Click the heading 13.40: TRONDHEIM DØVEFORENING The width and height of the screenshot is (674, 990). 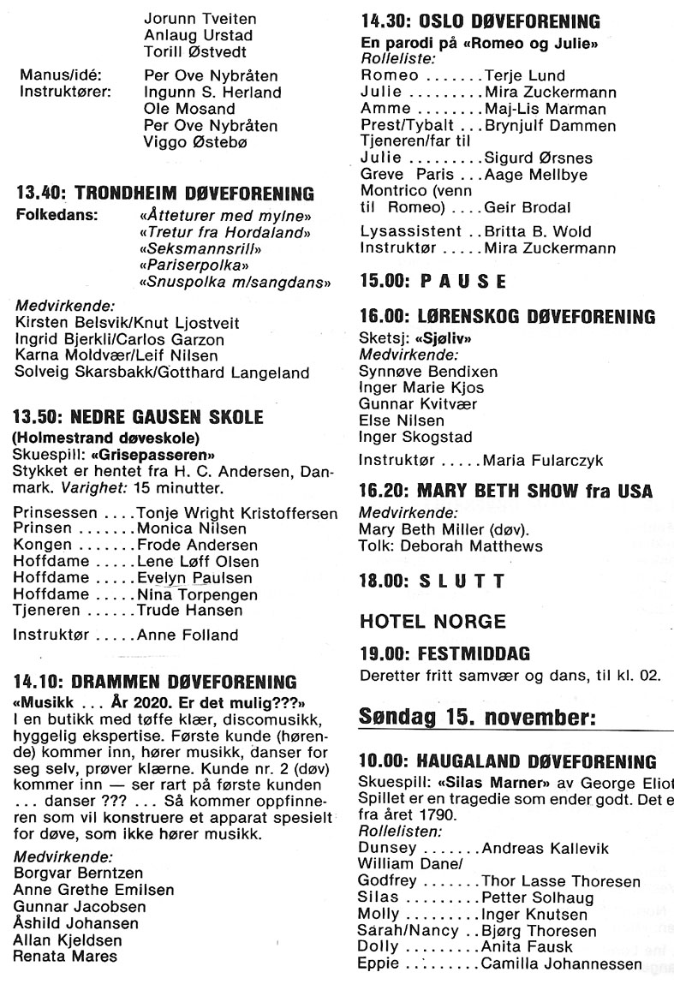(x=164, y=194)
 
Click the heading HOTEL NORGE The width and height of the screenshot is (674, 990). (x=432, y=621)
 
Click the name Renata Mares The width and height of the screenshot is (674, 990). (x=65, y=957)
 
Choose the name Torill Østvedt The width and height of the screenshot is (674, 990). (x=197, y=51)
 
